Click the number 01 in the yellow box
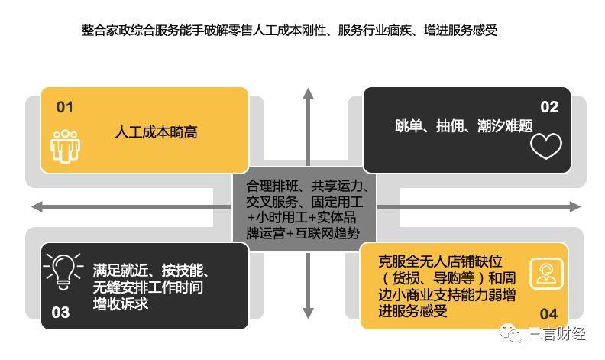[x=64, y=107]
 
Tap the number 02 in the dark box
[x=549, y=107]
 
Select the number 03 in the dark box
[x=60, y=312]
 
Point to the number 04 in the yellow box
[x=548, y=313]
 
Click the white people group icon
[x=65, y=147]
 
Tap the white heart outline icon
[x=546, y=146]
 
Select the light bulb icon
[x=63, y=271]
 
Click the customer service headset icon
[x=546, y=274]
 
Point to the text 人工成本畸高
[x=156, y=132]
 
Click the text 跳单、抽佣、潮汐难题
[x=464, y=125]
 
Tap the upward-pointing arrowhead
[x=308, y=93]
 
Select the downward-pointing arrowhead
[x=308, y=313]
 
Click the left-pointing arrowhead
[x=37, y=206]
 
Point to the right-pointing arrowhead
[x=574, y=206]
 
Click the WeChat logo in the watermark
[x=510, y=333]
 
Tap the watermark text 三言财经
[x=556, y=334]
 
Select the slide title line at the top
[x=289, y=30]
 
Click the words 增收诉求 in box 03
[x=121, y=303]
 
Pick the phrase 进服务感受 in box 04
[x=412, y=310]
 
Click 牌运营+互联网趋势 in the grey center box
[x=303, y=233]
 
